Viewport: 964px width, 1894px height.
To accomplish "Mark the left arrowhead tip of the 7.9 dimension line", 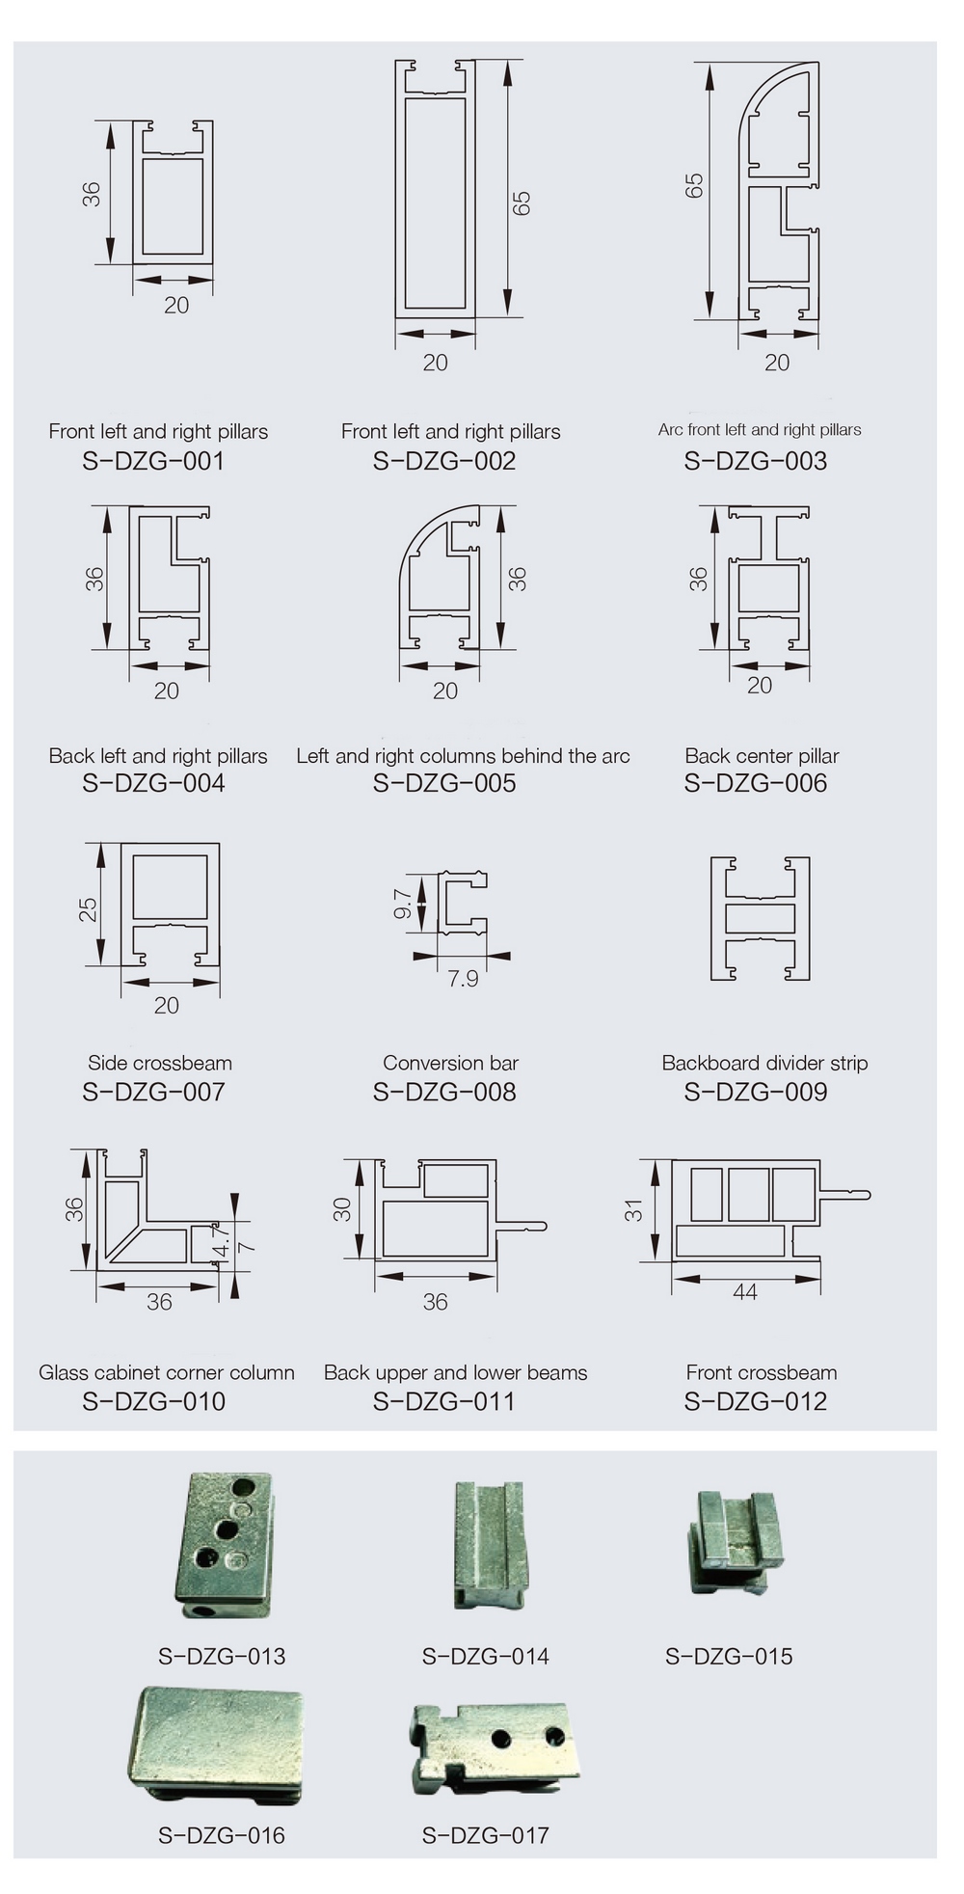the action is click(414, 956).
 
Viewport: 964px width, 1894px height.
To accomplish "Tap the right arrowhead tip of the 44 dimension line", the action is click(819, 1279).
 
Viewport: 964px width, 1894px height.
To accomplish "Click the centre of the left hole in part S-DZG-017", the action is click(500, 1737).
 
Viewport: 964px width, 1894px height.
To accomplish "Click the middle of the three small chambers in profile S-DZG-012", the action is click(748, 1195).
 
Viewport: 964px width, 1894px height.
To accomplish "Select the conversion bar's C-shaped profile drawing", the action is click(463, 904).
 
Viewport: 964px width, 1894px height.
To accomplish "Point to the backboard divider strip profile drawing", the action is click(760, 919).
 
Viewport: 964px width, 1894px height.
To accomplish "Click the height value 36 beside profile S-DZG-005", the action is click(517, 579).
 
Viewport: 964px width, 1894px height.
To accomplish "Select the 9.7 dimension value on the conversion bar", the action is click(403, 904).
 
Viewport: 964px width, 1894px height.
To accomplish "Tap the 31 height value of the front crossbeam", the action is click(632, 1210).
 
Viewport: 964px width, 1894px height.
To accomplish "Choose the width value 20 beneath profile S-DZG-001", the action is click(176, 305).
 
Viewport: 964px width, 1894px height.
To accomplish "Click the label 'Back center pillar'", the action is click(762, 756).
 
